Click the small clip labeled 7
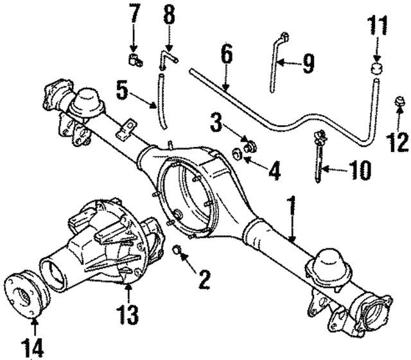click(136, 61)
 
